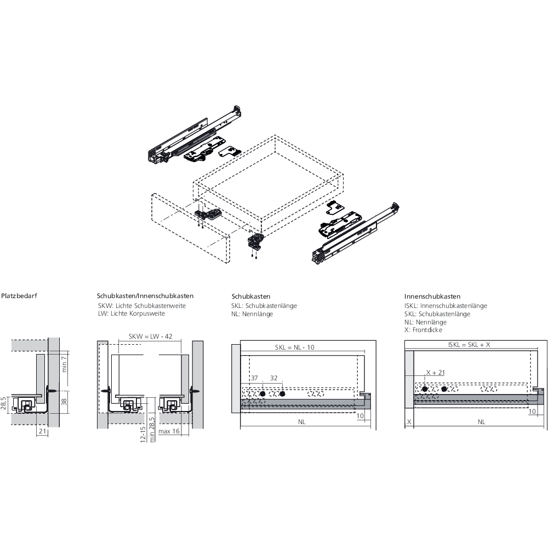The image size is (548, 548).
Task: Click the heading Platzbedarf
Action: (19, 296)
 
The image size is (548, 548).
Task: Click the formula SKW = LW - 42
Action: (150, 336)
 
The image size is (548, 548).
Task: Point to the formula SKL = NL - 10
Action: (295, 347)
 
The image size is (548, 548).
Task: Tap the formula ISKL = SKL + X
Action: (469, 345)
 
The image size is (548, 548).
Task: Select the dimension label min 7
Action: (64, 364)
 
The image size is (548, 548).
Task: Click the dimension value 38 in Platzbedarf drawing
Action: (64, 402)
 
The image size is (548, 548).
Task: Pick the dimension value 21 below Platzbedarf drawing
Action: (42, 431)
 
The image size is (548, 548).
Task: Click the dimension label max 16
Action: (169, 431)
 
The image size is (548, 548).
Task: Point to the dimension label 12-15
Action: (142, 435)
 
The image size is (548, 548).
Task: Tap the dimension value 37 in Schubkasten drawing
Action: (254, 378)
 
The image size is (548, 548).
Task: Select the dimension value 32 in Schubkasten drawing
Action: (273, 378)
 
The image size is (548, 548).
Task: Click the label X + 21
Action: (436, 373)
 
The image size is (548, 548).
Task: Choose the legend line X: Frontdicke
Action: (423, 330)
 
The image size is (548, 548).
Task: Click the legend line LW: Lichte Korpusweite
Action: (132, 313)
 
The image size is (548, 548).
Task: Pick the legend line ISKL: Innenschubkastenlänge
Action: (446, 306)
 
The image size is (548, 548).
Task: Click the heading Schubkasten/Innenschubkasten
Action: (145, 296)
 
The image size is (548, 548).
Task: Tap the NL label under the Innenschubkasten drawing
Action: (482, 422)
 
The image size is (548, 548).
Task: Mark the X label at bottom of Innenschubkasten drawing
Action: (409, 422)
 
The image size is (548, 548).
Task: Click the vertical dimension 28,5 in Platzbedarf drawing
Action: (3, 403)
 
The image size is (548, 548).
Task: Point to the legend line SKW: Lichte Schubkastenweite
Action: (142, 306)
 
